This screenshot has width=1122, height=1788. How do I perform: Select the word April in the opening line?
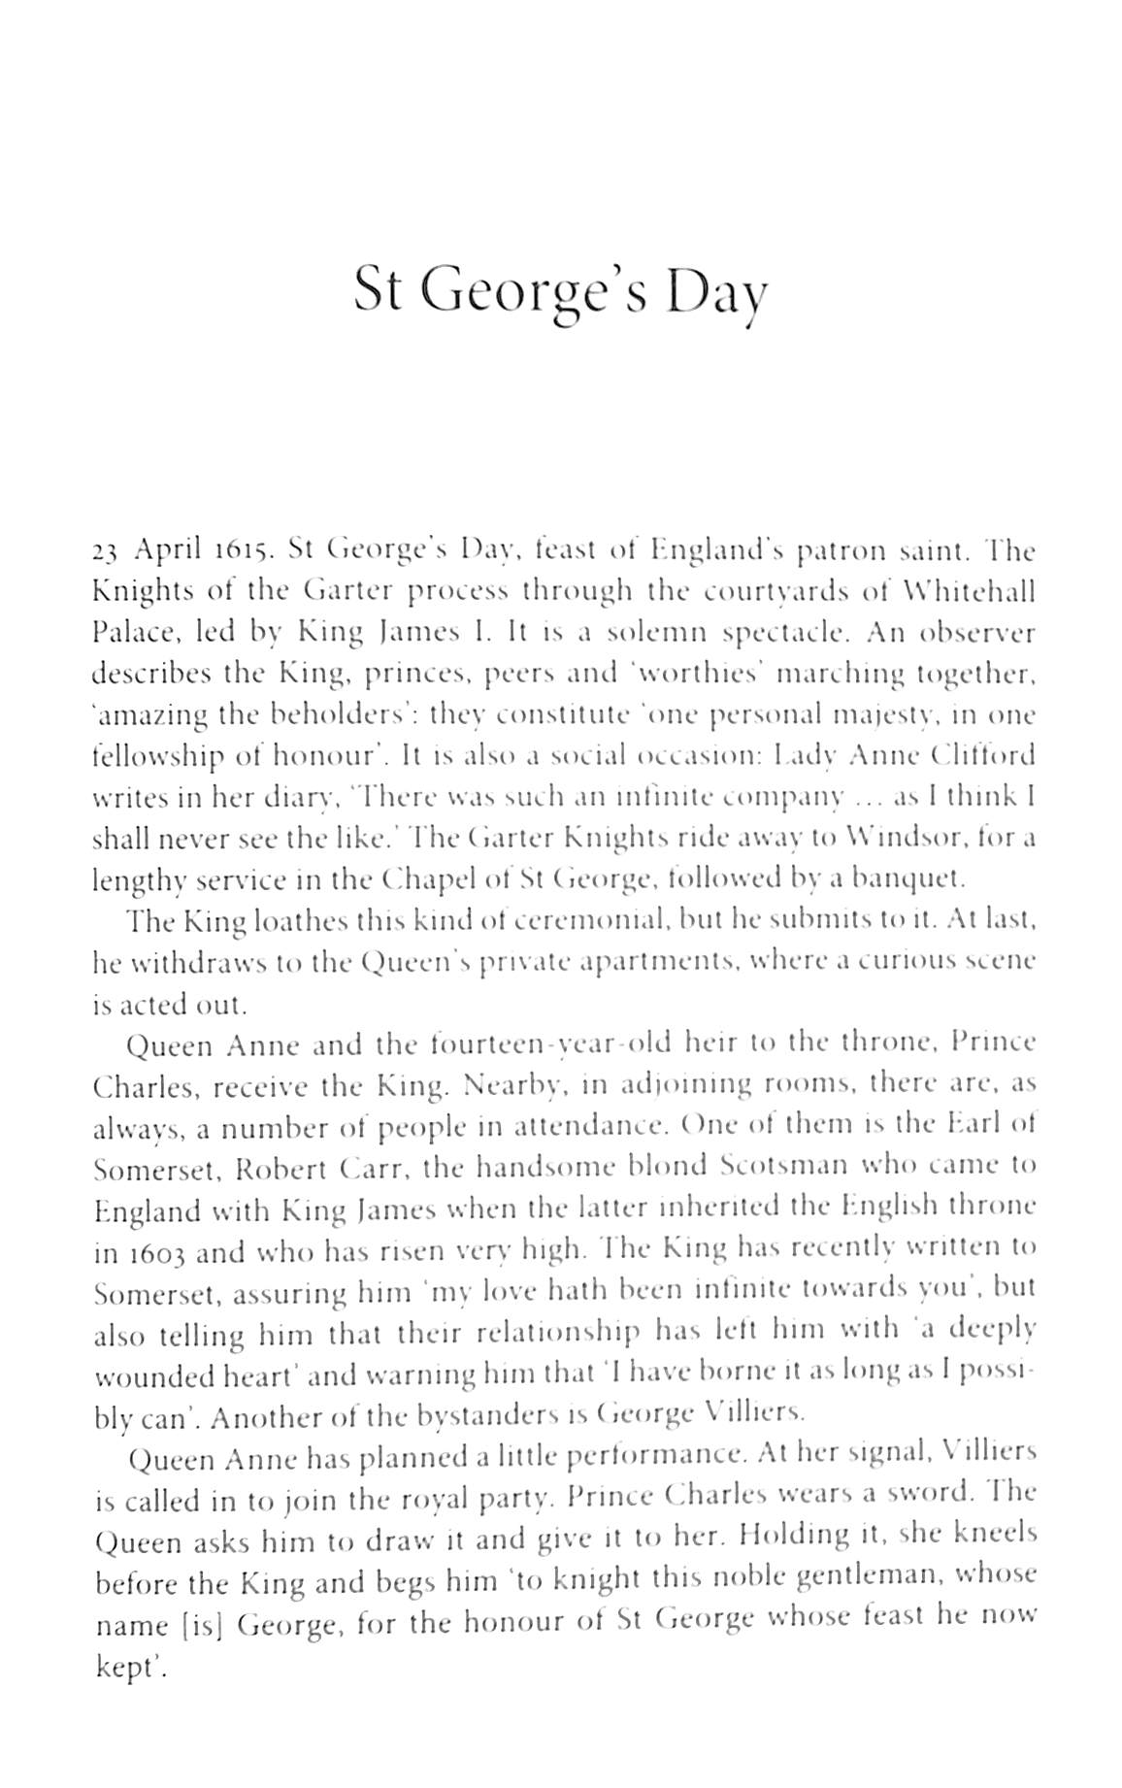pyautogui.click(x=167, y=551)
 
